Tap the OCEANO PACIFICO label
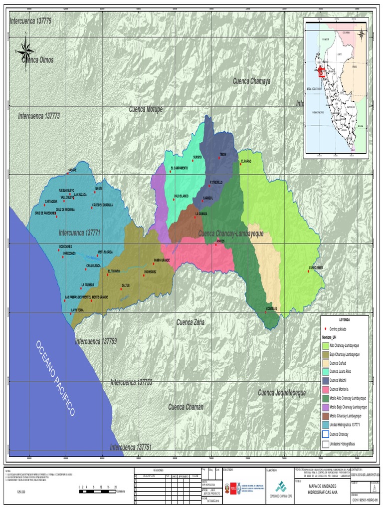pos(55,378)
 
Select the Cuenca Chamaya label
pos(251,81)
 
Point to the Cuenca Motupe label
pos(146,109)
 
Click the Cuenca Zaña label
pos(191,322)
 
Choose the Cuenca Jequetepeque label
pos(282,393)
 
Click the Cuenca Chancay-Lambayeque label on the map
pos(231,234)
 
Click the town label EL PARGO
pos(246,161)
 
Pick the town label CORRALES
pos(271,309)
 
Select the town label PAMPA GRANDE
pos(162,260)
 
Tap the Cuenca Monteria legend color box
pos(325,389)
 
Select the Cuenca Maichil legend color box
pos(325,380)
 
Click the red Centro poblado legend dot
pos(325,329)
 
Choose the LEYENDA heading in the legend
pos(345,319)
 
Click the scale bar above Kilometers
pos(98,492)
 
